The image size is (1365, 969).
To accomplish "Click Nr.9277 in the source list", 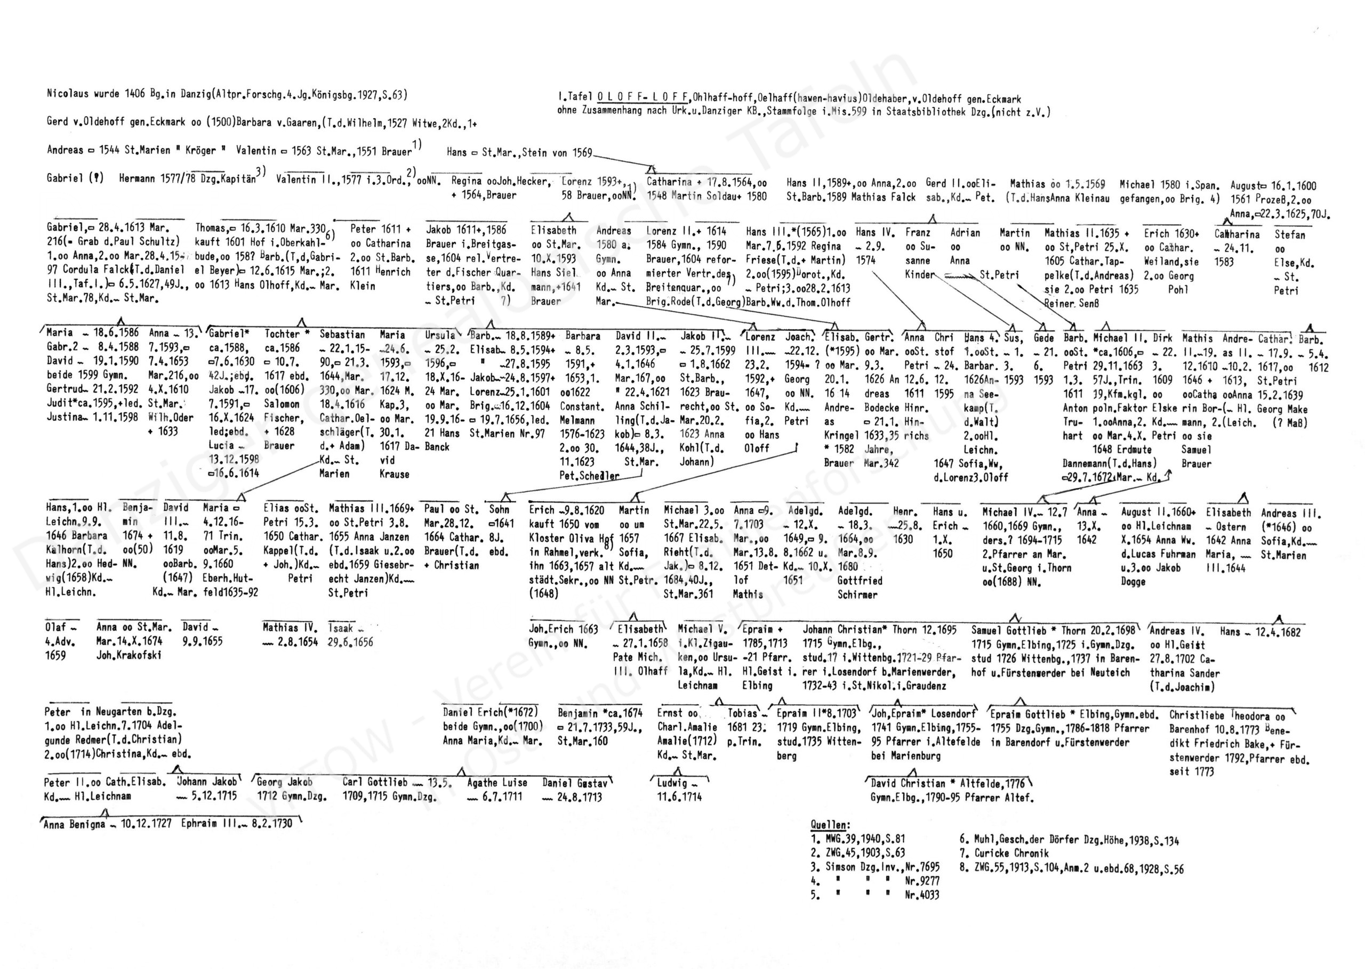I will pos(922,881).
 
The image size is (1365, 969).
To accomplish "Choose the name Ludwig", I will pos(672,783).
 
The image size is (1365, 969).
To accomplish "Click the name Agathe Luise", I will pos(497,782).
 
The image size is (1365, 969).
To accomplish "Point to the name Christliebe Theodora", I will pos(1219,715).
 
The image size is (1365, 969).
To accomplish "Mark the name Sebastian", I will pos(342,335).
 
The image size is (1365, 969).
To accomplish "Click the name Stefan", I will pos(1290,234).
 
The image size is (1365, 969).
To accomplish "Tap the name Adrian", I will pos(965,233).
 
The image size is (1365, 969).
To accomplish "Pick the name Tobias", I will pos(742,713).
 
